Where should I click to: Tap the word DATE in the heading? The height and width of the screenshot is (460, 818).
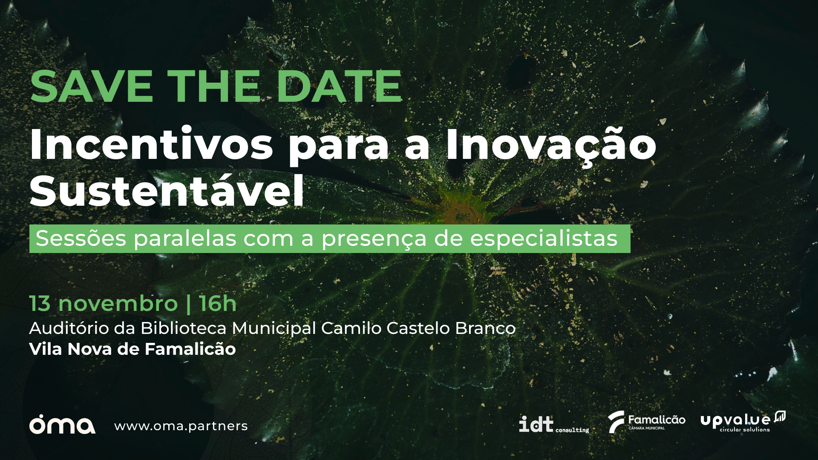point(340,86)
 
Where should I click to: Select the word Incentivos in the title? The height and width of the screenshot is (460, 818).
point(151,144)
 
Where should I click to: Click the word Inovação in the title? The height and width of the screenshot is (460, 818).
point(551,144)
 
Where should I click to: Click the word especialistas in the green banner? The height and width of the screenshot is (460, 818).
point(544,239)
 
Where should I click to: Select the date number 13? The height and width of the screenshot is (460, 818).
point(40,304)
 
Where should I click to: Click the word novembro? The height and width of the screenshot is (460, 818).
point(118,304)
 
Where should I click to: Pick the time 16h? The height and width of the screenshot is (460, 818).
point(218,303)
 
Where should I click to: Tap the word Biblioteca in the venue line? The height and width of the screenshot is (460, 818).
point(184,328)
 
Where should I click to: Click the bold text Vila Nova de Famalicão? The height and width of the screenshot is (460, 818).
point(132,349)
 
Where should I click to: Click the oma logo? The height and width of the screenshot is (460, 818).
point(62,424)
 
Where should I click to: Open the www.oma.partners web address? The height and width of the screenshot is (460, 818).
point(181,426)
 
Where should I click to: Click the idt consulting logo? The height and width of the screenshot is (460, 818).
point(554,425)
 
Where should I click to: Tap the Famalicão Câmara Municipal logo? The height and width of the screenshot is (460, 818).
point(646,422)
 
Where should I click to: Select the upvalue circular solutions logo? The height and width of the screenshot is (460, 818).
point(743,422)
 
